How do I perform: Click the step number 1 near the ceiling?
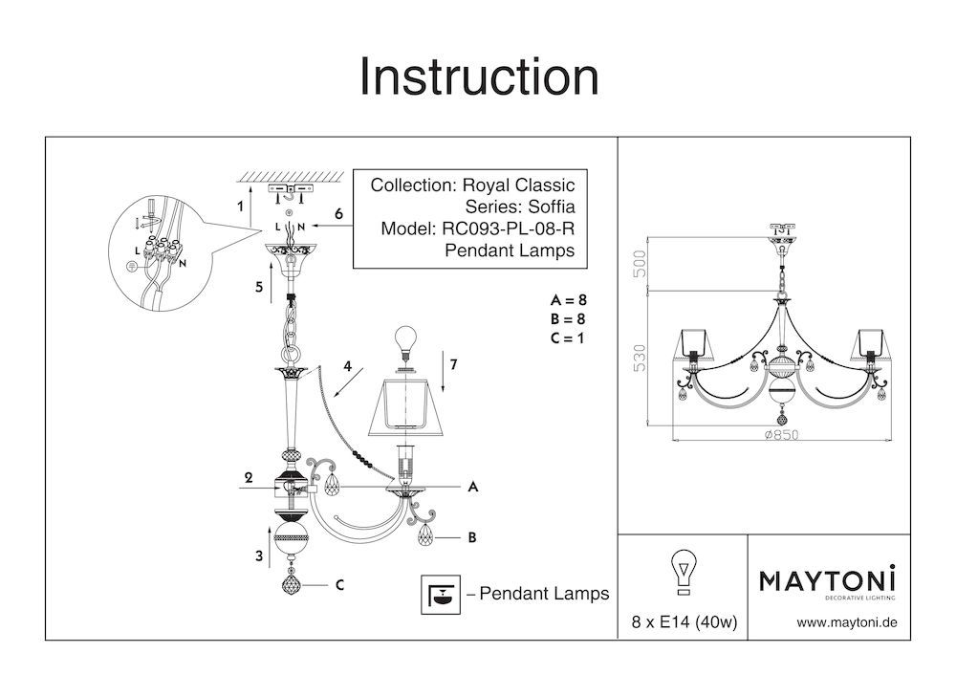click(x=241, y=206)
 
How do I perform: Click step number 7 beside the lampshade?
click(x=454, y=364)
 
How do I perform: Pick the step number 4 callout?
click(x=348, y=364)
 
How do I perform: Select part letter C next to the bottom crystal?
click(x=338, y=585)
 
